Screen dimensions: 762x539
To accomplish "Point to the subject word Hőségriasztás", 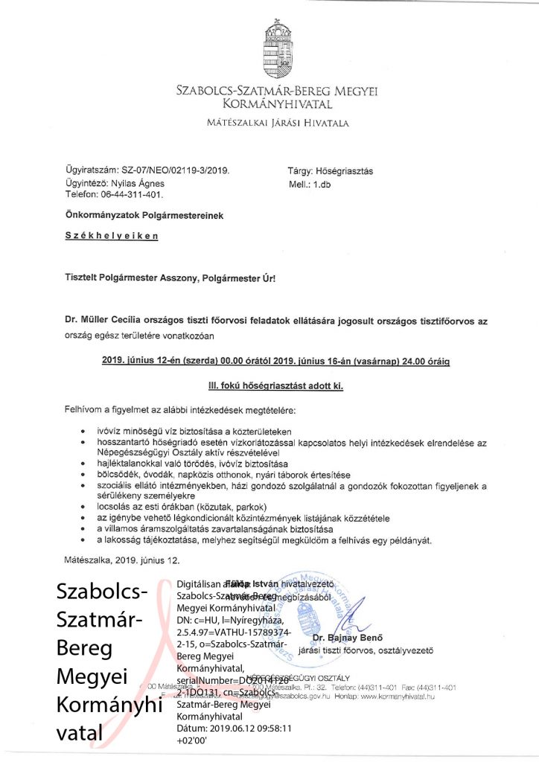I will point(347,170).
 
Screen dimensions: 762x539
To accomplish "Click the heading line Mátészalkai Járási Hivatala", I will point(277,122).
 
